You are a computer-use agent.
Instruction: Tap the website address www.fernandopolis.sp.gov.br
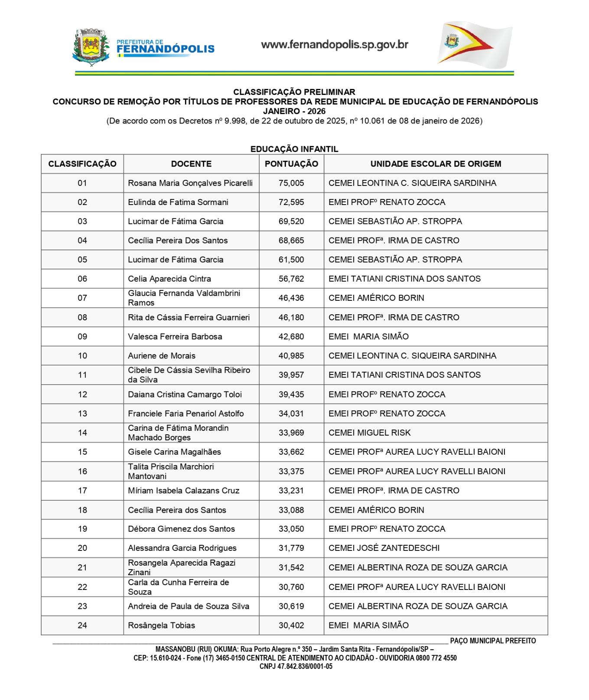pyautogui.click(x=334, y=45)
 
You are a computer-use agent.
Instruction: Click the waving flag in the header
pyautogui.click(x=474, y=45)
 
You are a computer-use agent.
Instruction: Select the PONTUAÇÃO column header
pyautogui.click(x=291, y=164)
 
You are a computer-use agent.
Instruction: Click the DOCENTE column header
pyautogui.click(x=191, y=164)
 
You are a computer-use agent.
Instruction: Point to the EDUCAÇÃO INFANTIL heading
pyautogui.click(x=294, y=149)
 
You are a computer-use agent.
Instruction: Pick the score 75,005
pyautogui.click(x=291, y=183)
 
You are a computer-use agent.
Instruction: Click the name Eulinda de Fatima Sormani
pyautogui.click(x=178, y=202)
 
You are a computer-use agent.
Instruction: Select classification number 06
pyautogui.click(x=82, y=279)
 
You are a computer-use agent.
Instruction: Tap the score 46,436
pyautogui.click(x=291, y=298)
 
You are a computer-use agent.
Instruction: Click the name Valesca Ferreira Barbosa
pyautogui.click(x=175, y=336)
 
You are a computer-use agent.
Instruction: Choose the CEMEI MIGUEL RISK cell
pyautogui.click(x=369, y=433)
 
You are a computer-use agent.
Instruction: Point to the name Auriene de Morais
pyautogui.click(x=161, y=356)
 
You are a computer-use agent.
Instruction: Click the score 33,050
pyautogui.click(x=291, y=529)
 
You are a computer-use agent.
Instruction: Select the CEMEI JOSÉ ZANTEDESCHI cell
pyautogui.click(x=384, y=548)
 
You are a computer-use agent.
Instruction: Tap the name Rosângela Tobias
pyautogui.click(x=161, y=625)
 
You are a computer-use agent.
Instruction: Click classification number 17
pyautogui.click(x=82, y=491)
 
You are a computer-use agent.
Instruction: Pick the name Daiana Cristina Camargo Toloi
pyautogui.click(x=185, y=394)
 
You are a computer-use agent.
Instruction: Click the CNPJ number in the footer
pyautogui.click(x=296, y=667)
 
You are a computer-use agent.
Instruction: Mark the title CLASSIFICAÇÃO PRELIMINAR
pyautogui.click(x=294, y=92)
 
